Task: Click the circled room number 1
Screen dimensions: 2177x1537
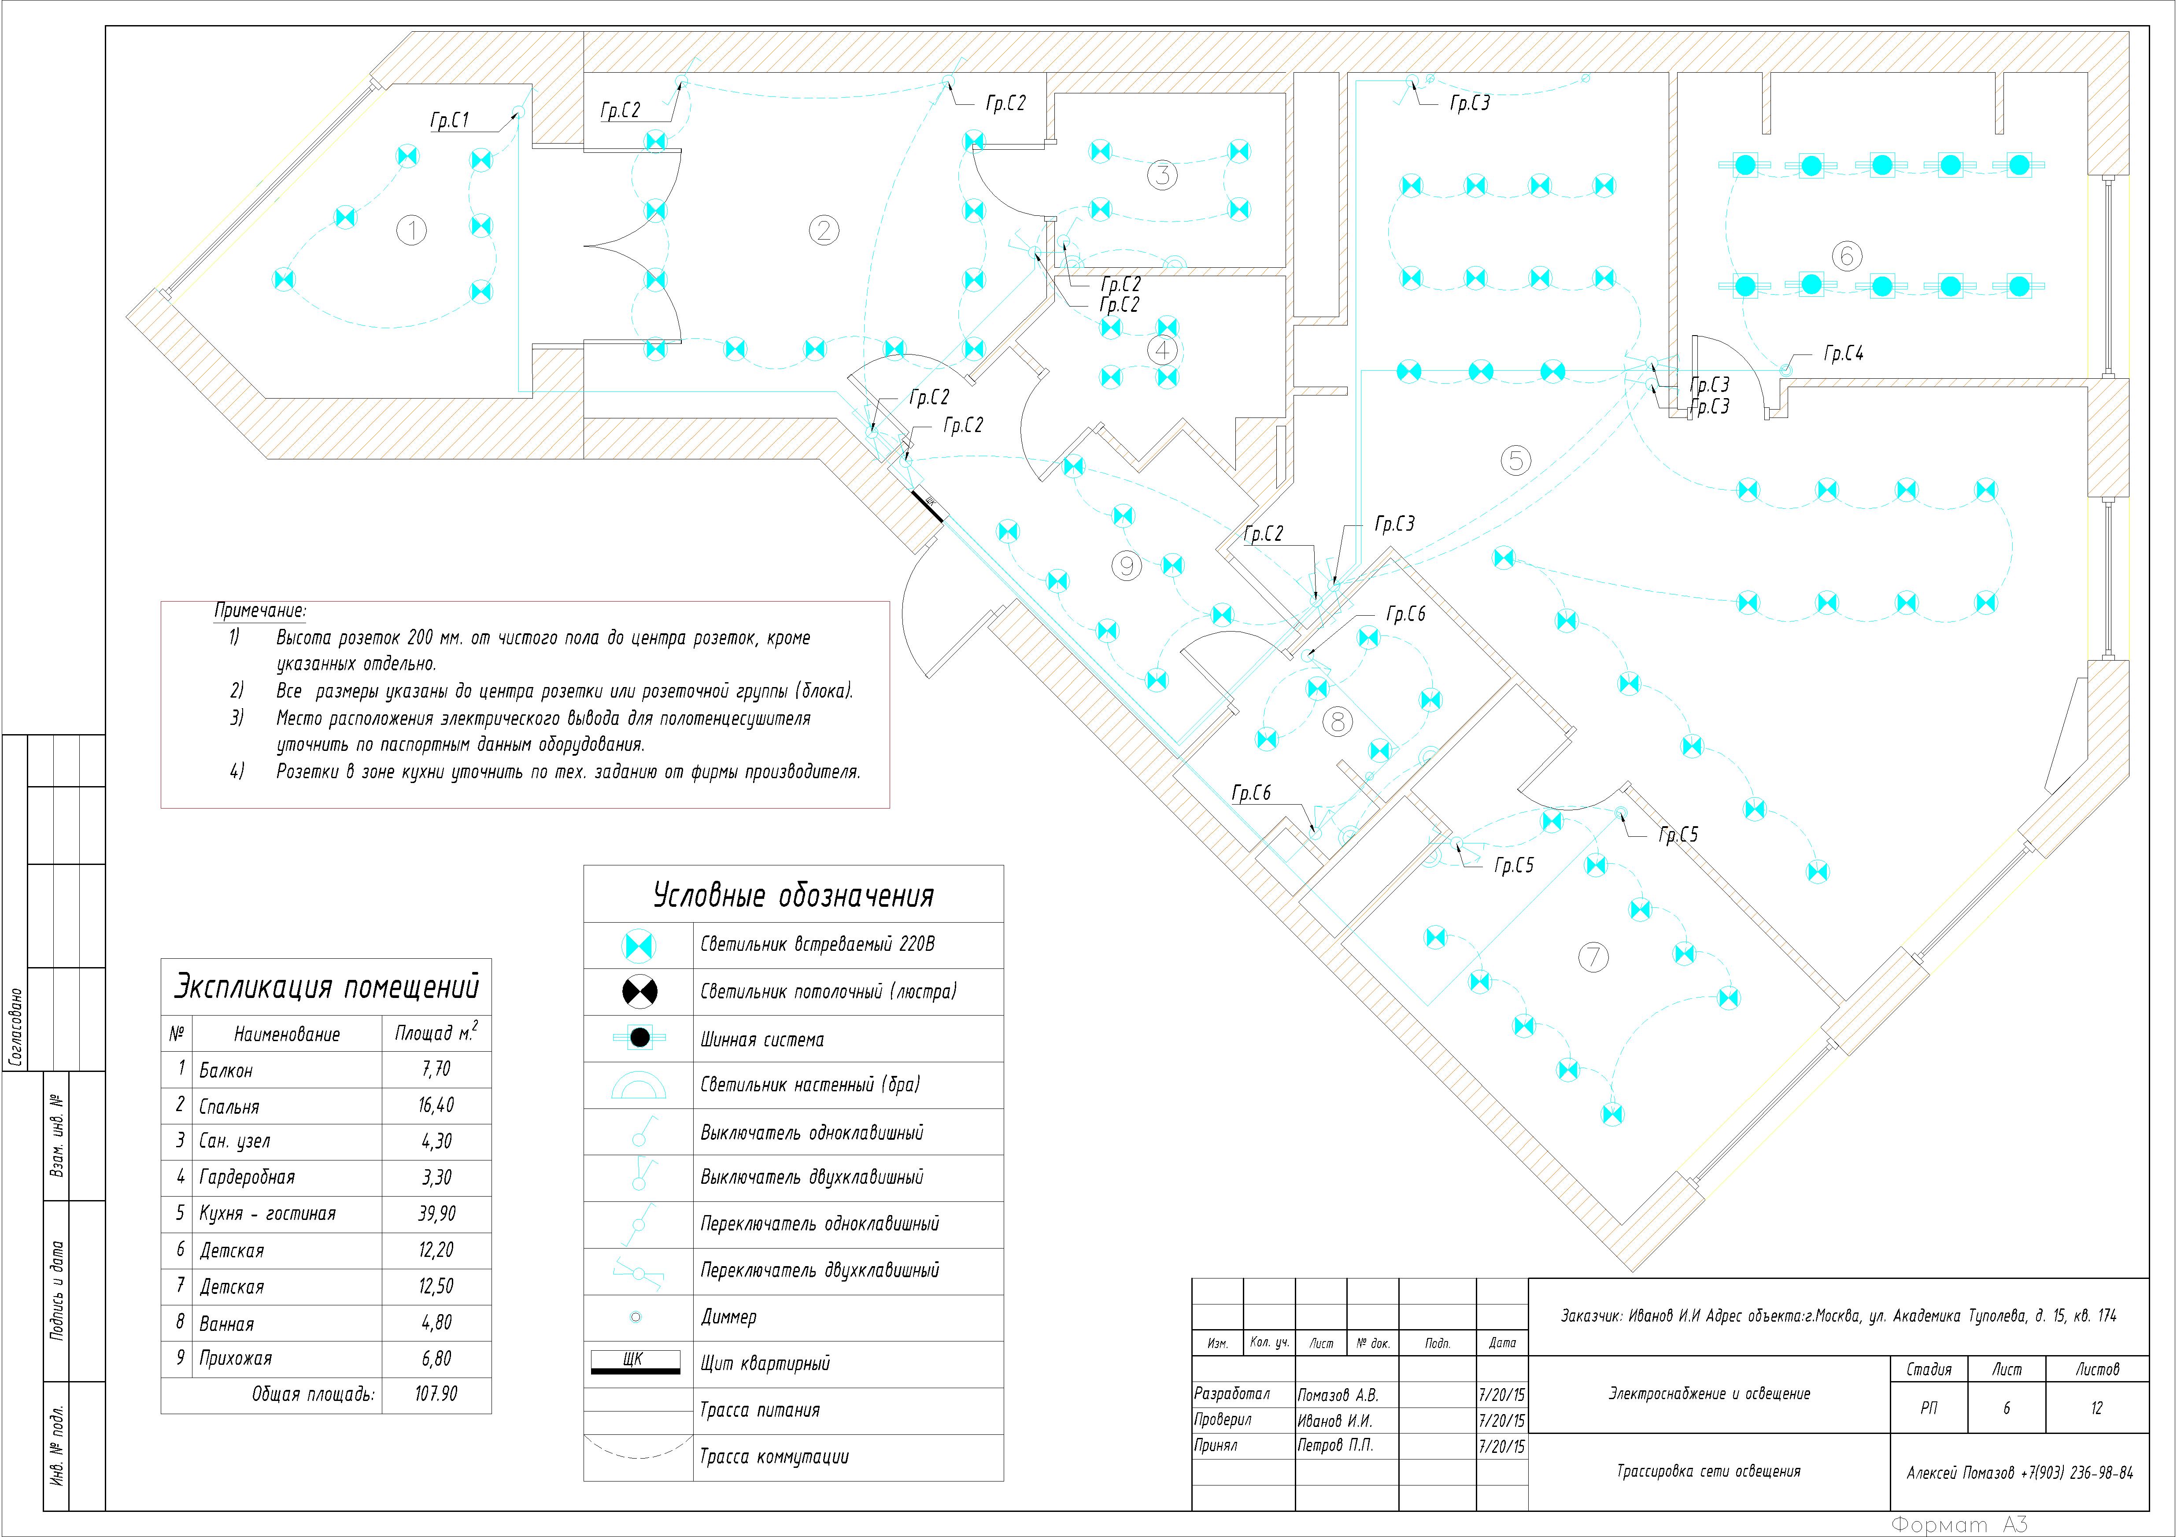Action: (411, 229)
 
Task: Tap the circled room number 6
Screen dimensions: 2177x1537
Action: (1846, 255)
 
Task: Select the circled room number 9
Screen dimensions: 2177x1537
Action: (1127, 566)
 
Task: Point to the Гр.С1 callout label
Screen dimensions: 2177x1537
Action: (449, 120)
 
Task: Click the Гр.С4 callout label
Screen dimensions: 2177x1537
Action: (1843, 354)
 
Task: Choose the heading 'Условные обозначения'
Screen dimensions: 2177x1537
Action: (794, 895)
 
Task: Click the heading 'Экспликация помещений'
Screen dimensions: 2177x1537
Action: (326, 987)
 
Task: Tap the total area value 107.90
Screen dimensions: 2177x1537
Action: (436, 1394)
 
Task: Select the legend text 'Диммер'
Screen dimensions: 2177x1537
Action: (728, 1317)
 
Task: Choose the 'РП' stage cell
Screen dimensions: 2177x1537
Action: (1929, 1408)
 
